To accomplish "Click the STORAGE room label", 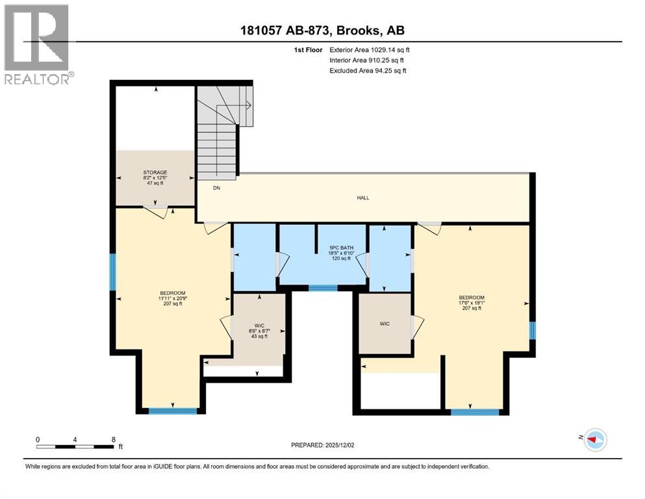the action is point(155,172).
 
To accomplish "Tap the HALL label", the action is point(363,198).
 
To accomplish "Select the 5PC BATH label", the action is point(342,248).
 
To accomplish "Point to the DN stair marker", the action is point(216,188).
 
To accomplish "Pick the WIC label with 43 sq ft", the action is point(259,326).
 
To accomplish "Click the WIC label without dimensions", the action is point(385,324).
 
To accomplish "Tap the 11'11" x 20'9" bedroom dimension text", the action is point(173,298).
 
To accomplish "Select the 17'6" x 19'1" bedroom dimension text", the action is point(472,302).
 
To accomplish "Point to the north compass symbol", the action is point(595,439).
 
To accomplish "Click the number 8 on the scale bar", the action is point(114,439).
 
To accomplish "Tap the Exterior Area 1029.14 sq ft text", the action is point(370,50).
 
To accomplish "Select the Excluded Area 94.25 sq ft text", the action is point(368,70).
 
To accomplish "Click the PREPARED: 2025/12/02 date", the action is point(322,445).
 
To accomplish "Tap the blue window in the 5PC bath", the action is point(323,288).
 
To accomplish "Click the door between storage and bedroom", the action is point(155,211).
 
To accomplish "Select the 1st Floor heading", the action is point(308,50).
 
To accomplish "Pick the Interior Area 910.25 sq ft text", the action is point(366,60).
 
